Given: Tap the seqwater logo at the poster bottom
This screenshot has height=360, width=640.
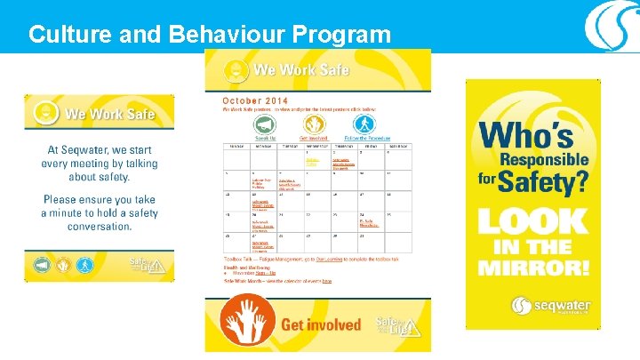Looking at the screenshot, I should click(550, 307).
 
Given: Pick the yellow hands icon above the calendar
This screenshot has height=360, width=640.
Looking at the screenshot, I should click(312, 124).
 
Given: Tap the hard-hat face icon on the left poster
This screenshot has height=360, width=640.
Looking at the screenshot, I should click(44, 113).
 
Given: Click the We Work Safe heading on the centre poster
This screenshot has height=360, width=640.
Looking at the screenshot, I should click(300, 69).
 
